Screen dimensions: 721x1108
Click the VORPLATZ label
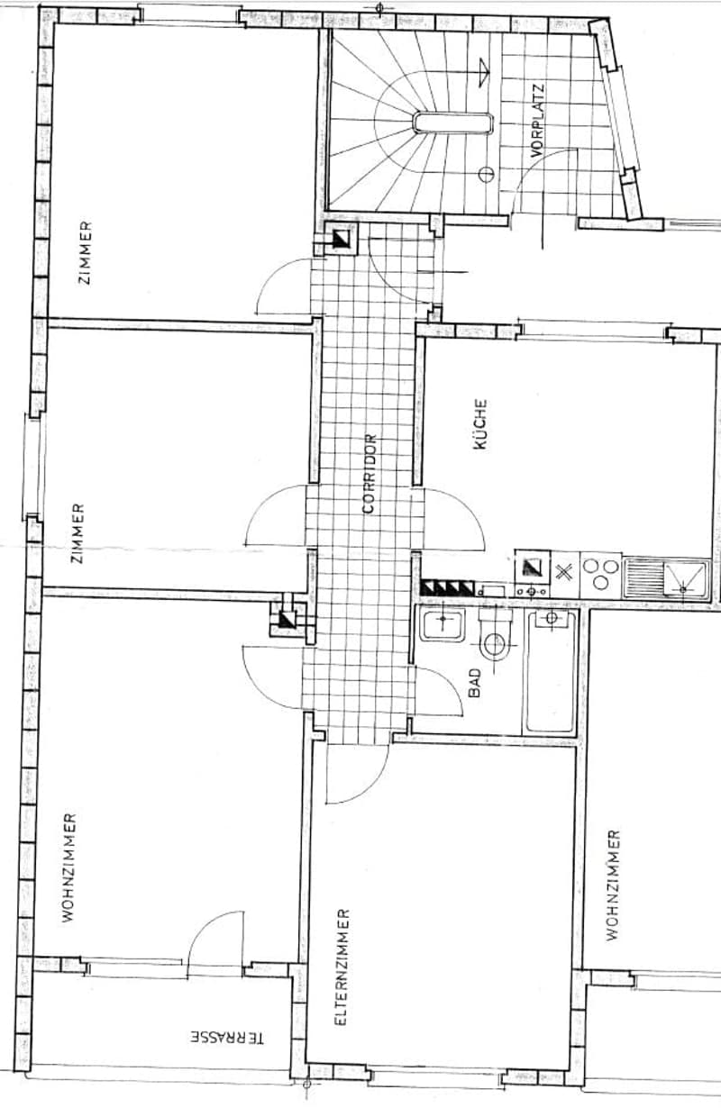pyautogui.click(x=537, y=122)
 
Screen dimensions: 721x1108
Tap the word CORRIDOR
pyautogui.click(x=370, y=474)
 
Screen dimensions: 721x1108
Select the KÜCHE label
pyautogui.click(x=480, y=424)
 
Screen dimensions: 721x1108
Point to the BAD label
pyautogui.click(x=474, y=683)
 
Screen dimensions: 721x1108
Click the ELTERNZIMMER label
pyautogui.click(x=342, y=967)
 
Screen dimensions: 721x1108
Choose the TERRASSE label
pyautogui.click(x=227, y=1037)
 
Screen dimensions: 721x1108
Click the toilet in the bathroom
pyautogui.click(x=495, y=636)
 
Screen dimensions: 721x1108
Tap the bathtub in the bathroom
pyautogui.click(x=552, y=672)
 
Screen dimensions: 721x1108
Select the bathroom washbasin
pyautogui.click(x=443, y=625)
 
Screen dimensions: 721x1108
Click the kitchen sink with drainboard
pyautogui.click(x=667, y=577)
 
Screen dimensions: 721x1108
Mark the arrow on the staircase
pyautogui.click(x=483, y=73)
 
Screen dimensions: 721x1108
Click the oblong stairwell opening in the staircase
pyautogui.click(x=452, y=123)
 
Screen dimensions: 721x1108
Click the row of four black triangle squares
pyautogui.click(x=447, y=587)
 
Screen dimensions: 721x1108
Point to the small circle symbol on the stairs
pyautogui.click(x=487, y=174)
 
